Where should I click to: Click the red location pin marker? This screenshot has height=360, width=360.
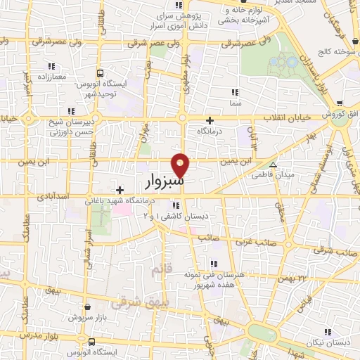181,164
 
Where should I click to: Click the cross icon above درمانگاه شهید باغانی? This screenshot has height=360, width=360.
120,189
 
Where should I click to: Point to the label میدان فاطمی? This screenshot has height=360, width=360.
274,173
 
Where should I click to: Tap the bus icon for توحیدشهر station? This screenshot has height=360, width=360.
101,72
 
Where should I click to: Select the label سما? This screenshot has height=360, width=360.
235,103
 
